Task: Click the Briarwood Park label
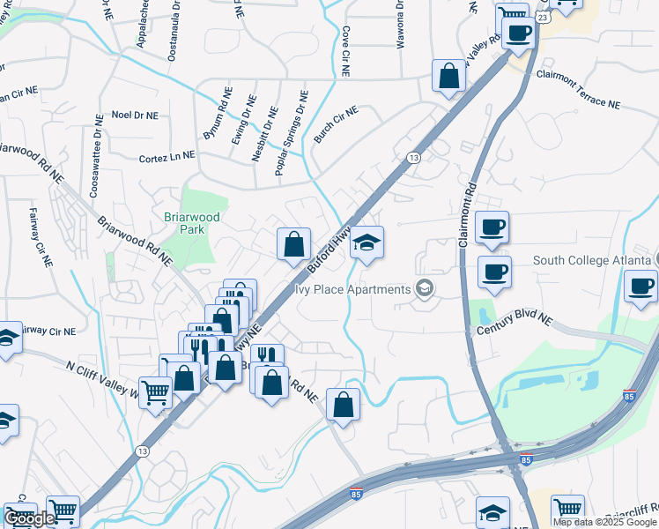[x=185, y=222]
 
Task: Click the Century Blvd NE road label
[x=515, y=317]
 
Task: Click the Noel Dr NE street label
[x=135, y=115]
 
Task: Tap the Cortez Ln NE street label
[x=167, y=156]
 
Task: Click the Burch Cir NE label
[x=337, y=125]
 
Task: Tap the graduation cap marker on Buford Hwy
[x=367, y=243]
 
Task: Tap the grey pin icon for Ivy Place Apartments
[x=426, y=289]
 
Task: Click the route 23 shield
[x=543, y=17]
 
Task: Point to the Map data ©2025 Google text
[x=604, y=522]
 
